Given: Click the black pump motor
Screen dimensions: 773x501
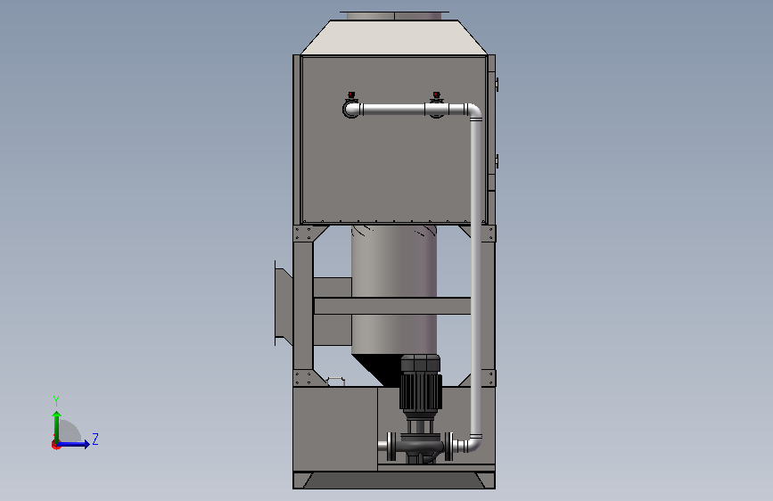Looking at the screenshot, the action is point(421,383).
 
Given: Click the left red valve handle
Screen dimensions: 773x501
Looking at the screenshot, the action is point(351,94).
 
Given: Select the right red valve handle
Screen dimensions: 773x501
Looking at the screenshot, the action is point(436,94).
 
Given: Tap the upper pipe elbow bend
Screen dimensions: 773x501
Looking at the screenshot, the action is point(474,111).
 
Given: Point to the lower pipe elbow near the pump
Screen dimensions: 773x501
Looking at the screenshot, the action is point(474,443).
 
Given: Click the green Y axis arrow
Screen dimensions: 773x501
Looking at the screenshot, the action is point(57,428).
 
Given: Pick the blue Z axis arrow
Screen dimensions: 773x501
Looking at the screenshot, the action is point(72,444).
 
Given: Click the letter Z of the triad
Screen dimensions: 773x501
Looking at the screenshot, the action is point(95,439).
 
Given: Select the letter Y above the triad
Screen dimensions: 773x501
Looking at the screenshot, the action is point(56,401).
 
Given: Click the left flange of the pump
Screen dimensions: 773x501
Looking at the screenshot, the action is point(391,447).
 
